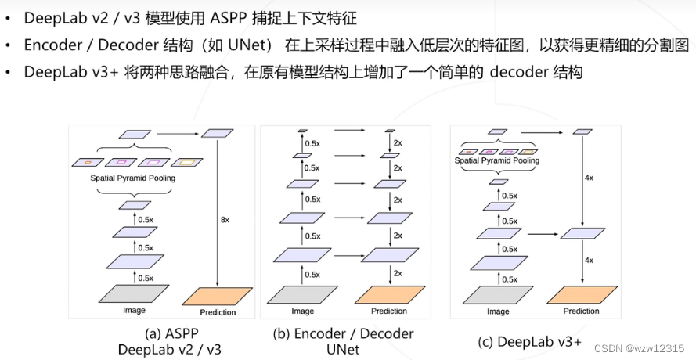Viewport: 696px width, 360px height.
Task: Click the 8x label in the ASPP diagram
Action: click(x=225, y=220)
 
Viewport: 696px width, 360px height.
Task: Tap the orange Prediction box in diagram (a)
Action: click(x=217, y=297)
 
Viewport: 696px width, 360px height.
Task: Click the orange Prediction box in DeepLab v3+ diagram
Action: click(x=581, y=294)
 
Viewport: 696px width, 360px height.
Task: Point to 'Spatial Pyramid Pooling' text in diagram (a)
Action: click(x=133, y=178)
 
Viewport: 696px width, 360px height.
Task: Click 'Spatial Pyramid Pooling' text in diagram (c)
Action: click(x=497, y=160)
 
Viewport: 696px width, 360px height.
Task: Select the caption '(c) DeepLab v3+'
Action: click(x=530, y=342)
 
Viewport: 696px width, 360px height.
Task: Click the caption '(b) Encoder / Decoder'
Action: click(x=343, y=334)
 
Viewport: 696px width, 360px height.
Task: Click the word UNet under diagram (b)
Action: click(x=343, y=350)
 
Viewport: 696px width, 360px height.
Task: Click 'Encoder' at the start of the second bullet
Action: click(x=52, y=45)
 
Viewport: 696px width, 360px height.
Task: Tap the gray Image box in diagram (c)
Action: click(x=497, y=294)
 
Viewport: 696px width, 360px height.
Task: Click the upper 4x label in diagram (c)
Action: click(x=588, y=178)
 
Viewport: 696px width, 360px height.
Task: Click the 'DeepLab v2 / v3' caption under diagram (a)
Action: click(x=168, y=350)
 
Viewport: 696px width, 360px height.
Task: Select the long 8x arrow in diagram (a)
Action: click(x=216, y=211)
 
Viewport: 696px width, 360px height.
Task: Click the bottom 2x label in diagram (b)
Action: click(x=397, y=272)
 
